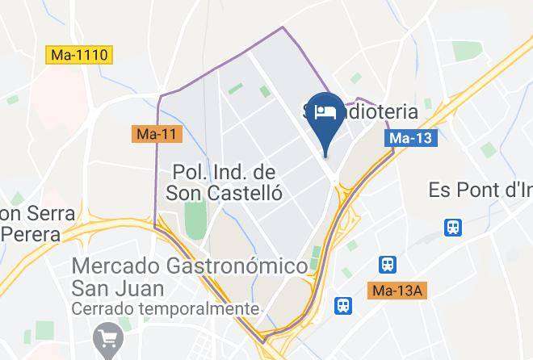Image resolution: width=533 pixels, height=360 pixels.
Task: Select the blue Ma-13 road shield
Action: coord(409,138)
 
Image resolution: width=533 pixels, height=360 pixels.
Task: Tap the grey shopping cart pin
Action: coord(106,338)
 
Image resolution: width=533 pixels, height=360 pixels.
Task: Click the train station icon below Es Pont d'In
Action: coord(453,228)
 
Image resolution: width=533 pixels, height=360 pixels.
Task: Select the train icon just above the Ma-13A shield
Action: coord(388,264)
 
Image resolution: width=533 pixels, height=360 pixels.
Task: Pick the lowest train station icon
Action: coord(344,305)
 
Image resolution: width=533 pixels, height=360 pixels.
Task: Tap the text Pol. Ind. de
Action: coord(225,172)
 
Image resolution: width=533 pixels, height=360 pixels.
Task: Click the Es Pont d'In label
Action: coord(480,190)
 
